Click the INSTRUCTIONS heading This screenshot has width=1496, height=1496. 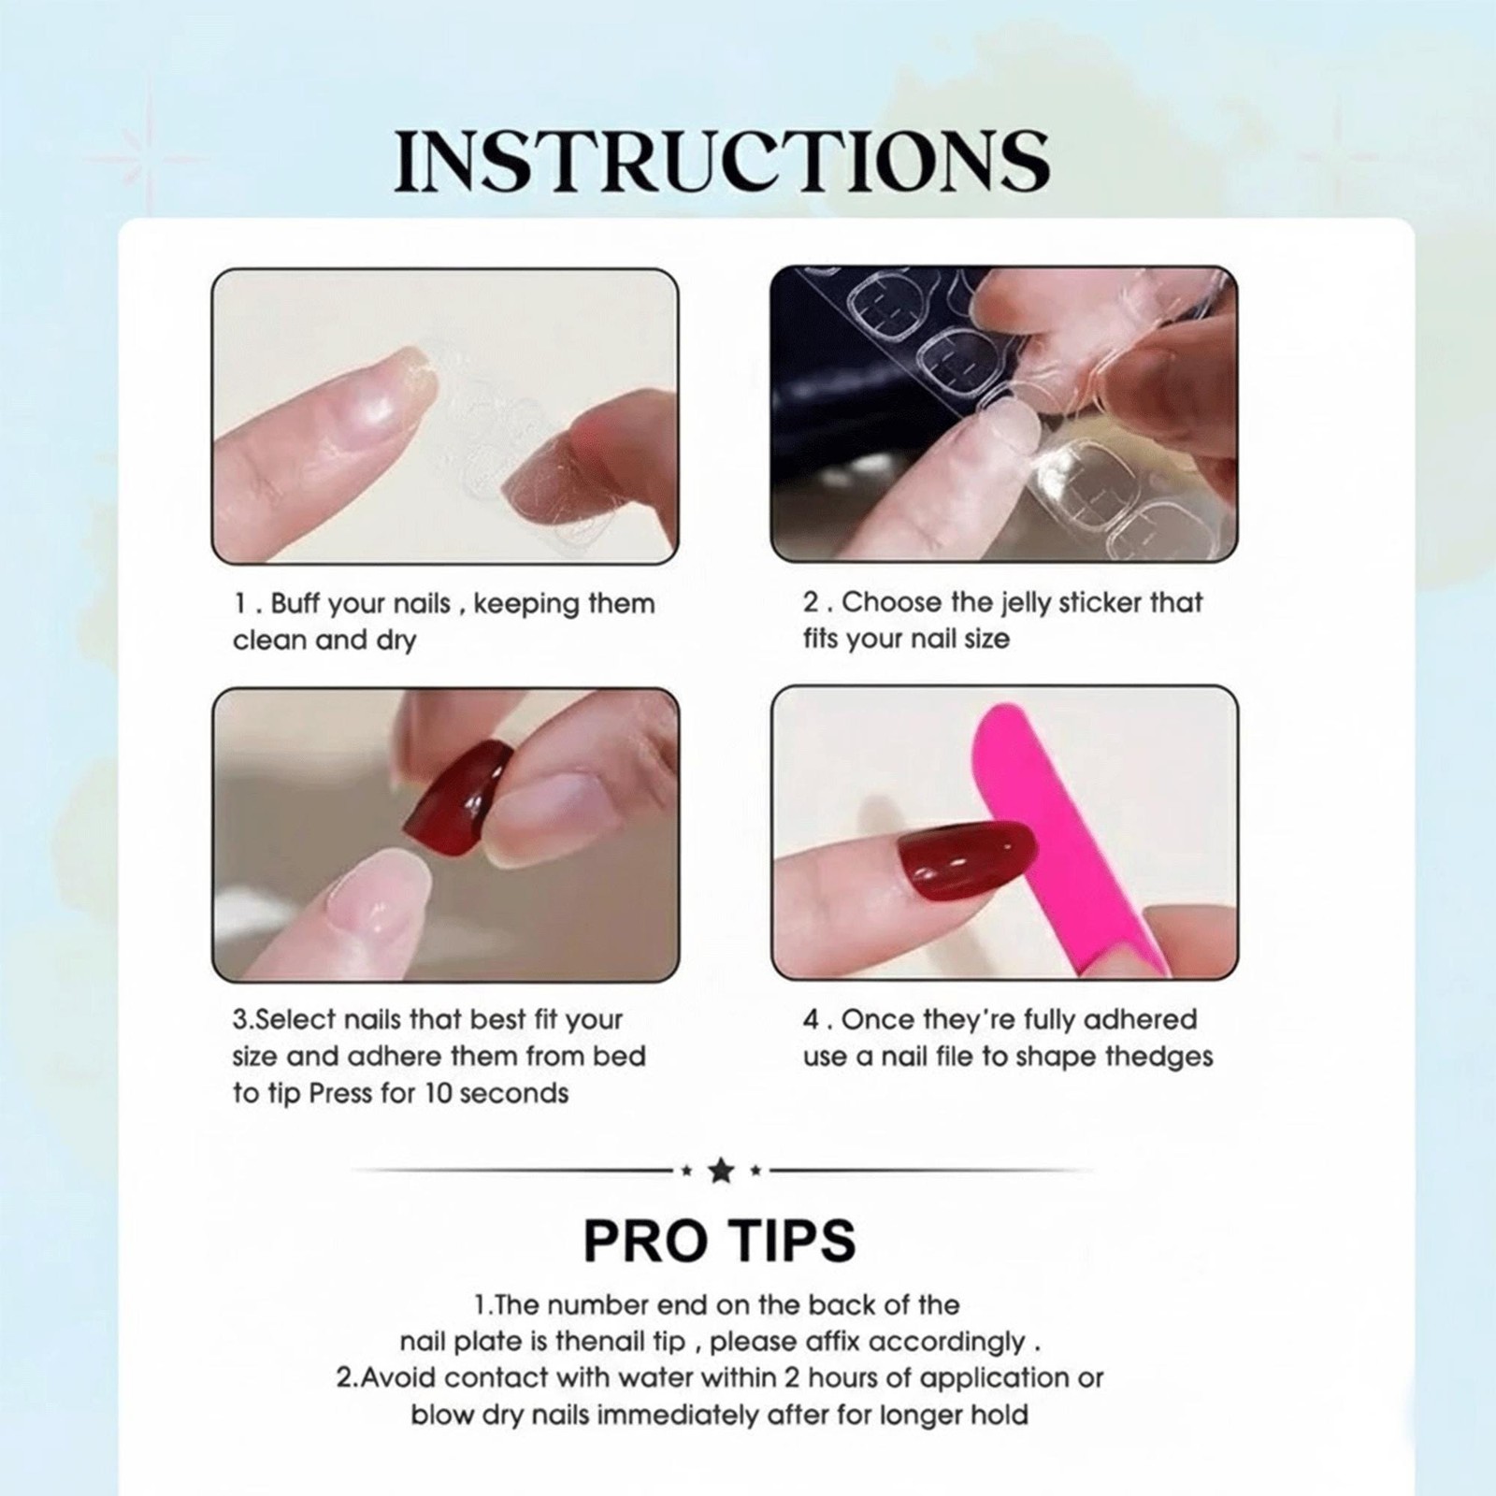tap(722, 161)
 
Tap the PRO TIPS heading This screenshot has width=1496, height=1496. tap(719, 1241)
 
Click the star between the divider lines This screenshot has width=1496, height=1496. tap(720, 1170)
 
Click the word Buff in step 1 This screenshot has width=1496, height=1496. tap(295, 604)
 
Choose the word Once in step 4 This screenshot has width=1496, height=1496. tap(876, 1019)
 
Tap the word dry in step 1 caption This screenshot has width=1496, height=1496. tap(395, 641)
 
